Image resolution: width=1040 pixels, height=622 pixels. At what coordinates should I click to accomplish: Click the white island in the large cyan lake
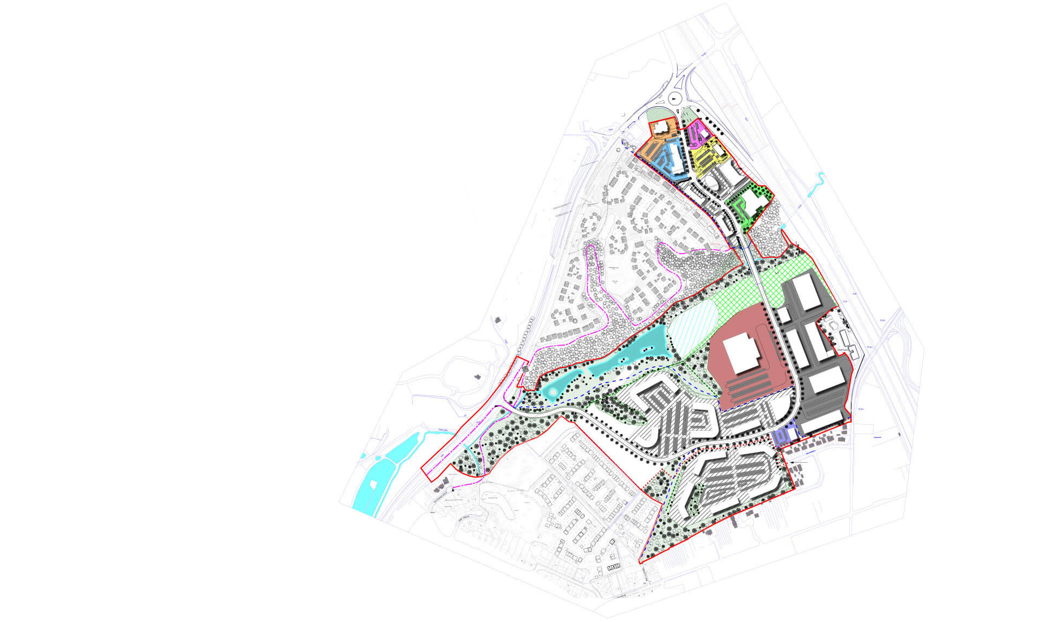pos(372,486)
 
